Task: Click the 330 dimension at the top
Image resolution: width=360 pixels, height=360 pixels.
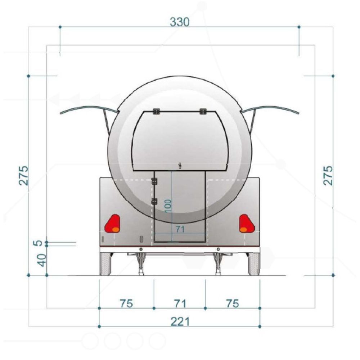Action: tap(180, 22)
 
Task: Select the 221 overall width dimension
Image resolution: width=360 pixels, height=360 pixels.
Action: tap(180, 321)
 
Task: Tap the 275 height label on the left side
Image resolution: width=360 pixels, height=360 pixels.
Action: tap(24, 175)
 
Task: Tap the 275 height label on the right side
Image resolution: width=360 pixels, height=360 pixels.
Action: tap(328, 175)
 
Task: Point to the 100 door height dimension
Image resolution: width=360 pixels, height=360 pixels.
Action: tap(168, 206)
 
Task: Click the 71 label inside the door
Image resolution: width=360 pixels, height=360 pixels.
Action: tap(180, 229)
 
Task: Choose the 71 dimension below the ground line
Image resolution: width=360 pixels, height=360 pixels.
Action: tap(180, 303)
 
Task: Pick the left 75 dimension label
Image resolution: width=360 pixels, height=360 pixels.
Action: tap(126, 303)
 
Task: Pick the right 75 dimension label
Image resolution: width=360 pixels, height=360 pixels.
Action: tap(233, 303)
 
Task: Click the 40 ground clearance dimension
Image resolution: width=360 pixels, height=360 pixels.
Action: tap(42, 260)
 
